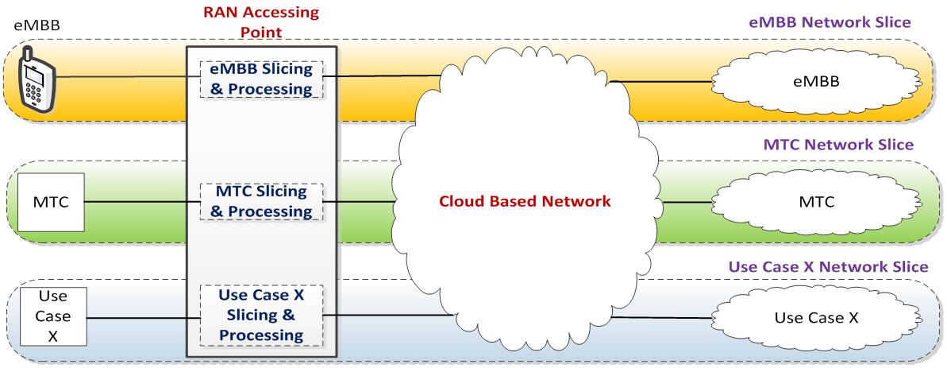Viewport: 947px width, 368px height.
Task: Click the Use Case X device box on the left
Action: [x=53, y=316]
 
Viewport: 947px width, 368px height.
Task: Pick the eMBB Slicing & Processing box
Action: [x=261, y=79]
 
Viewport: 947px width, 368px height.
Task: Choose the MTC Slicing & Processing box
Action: [x=261, y=202]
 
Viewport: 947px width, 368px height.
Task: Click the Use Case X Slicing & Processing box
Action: [x=261, y=316]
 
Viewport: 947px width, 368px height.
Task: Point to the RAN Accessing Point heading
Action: [x=261, y=23]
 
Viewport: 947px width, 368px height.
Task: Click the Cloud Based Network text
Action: [x=525, y=201]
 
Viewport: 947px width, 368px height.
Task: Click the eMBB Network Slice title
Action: [x=830, y=23]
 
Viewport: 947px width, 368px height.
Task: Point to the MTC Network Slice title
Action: [x=838, y=145]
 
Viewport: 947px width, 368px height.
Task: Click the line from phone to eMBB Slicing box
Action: [x=127, y=77]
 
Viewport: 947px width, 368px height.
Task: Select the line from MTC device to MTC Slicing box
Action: [x=141, y=202]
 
